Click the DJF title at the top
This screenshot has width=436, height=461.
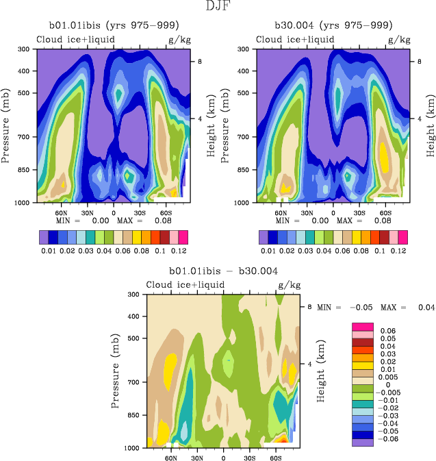point(218,7)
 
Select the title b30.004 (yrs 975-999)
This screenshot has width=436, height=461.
point(333,25)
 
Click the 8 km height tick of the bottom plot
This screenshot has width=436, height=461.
point(309,308)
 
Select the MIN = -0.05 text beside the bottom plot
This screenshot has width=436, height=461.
point(350,308)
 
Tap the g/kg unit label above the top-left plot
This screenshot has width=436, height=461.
point(179,39)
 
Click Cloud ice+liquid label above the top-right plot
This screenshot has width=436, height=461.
point(295,39)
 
